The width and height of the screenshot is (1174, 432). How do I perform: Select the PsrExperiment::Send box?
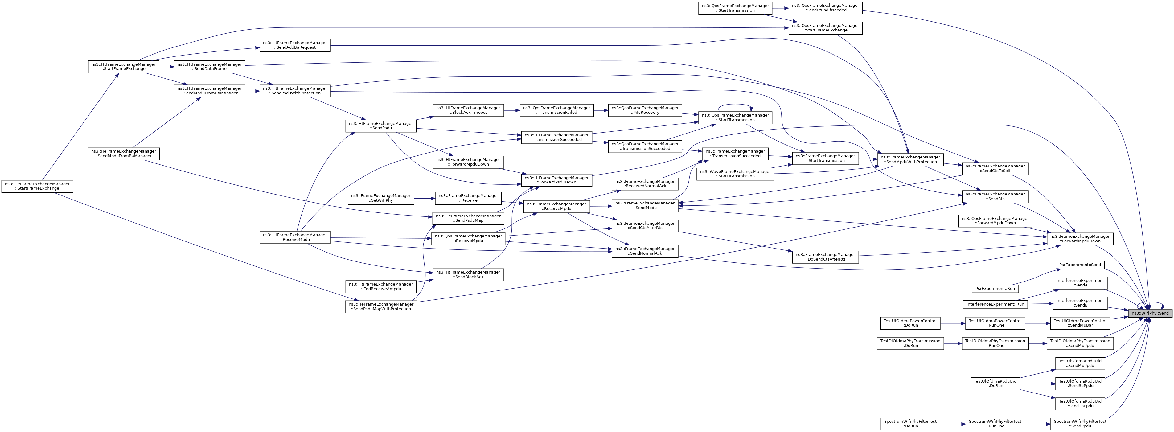coord(1080,265)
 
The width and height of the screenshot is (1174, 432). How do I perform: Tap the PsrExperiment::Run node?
coord(995,288)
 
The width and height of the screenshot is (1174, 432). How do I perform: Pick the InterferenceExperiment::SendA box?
coord(1080,282)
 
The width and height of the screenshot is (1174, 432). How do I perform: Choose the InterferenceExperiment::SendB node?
coord(1080,302)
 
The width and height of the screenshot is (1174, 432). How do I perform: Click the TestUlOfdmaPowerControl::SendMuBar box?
coord(1080,323)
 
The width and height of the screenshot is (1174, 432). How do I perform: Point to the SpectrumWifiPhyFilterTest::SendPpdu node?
coord(1080,424)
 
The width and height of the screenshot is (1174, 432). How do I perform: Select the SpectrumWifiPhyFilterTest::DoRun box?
coord(910,424)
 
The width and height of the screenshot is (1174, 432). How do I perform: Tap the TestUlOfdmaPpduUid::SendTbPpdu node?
coord(1080,403)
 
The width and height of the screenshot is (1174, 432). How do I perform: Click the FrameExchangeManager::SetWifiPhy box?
coord(380,198)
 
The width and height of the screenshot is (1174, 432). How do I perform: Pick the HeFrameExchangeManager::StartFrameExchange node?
coord(37,186)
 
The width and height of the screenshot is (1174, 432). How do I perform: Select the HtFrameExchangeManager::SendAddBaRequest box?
coord(295,45)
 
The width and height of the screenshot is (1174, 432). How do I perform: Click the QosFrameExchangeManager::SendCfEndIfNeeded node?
coord(825,8)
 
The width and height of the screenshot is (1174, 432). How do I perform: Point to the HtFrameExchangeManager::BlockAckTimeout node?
coord(468,110)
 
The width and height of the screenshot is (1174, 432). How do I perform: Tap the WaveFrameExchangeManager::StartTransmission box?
coord(735,174)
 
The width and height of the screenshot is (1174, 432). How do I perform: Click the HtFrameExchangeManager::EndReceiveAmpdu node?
coord(380,286)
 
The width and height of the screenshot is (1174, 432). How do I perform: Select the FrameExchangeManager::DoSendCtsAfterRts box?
coord(825,257)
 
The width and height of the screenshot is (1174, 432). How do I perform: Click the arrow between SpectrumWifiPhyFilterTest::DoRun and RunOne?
coord(953,424)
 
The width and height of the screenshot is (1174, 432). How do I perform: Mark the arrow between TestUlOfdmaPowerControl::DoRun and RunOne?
coord(953,323)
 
